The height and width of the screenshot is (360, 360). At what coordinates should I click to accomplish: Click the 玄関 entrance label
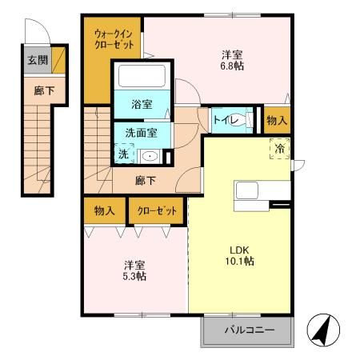(x=37, y=60)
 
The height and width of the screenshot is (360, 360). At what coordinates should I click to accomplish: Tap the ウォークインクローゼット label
(x=114, y=40)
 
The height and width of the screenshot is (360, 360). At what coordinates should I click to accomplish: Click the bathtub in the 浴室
(x=141, y=78)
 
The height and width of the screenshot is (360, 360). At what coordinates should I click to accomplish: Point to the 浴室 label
(x=141, y=104)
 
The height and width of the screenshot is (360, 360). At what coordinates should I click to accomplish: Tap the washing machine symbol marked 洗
(x=123, y=153)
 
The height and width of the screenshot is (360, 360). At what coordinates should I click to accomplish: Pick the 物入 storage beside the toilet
(x=276, y=120)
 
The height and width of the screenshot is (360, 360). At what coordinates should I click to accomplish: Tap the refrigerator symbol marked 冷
(x=281, y=149)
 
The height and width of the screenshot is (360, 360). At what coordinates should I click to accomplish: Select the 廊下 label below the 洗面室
(x=145, y=181)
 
